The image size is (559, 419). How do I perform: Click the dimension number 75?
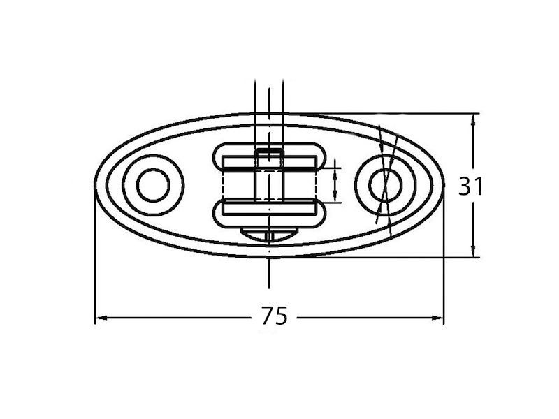pos(274,316)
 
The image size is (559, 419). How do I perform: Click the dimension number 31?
pos(470,186)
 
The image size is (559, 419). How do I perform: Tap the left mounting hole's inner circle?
pos(153,185)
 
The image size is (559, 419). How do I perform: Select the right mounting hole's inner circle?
pos(386,185)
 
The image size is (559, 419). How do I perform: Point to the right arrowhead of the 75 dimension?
pos(437,317)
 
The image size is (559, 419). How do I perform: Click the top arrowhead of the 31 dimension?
pos(473,119)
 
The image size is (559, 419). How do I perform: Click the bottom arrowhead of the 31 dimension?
pos(473,250)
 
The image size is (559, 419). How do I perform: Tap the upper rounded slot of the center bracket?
pos(269,156)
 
